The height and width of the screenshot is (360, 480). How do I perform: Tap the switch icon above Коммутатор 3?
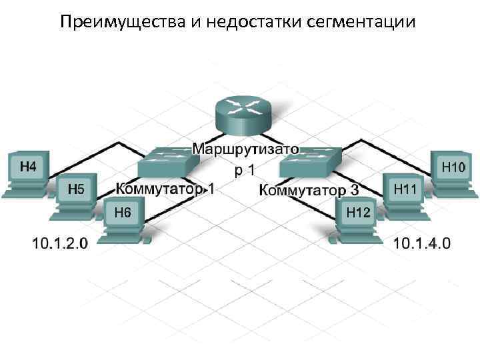pos(311,161)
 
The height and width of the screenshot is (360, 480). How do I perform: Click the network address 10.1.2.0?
pos(59,243)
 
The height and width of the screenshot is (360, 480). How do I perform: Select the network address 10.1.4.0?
pos(422,243)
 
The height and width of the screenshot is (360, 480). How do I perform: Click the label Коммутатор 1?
pos(165,189)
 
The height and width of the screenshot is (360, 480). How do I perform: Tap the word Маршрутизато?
pos(246,147)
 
